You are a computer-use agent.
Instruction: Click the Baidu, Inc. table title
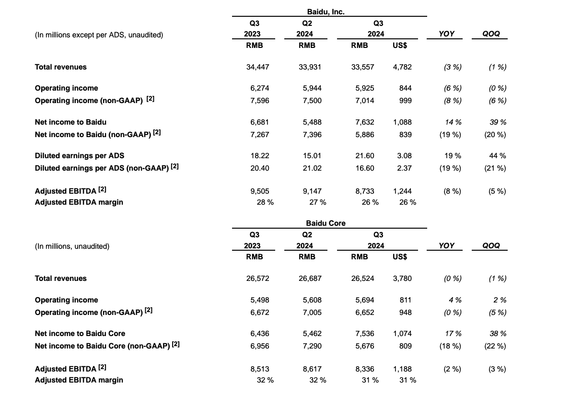(x=326, y=12)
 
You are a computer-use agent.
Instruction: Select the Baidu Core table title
(x=326, y=223)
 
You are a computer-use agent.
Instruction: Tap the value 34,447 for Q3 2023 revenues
(x=257, y=67)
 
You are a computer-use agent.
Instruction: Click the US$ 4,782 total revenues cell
(x=402, y=67)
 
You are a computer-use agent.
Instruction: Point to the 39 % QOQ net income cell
(x=498, y=122)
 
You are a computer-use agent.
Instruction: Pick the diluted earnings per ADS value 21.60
(x=364, y=156)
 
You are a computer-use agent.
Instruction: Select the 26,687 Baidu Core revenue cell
(x=310, y=279)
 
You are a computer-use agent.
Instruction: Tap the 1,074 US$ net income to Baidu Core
(x=402, y=334)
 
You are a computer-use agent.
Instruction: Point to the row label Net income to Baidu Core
(x=81, y=334)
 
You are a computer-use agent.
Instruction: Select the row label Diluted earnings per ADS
(x=80, y=156)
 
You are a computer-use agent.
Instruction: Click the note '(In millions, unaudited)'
(x=72, y=246)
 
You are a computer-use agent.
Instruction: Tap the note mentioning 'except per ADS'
(x=99, y=35)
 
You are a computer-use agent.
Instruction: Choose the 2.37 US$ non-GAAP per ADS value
(x=405, y=168)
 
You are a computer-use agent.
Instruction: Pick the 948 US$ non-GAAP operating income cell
(x=405, y=313)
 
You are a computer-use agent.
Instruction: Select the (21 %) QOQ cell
(x=495, y=168)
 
